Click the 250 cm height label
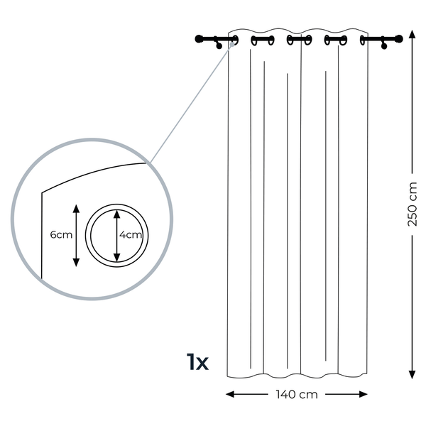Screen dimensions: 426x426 pos(412,204)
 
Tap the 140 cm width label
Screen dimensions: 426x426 pos(297,395)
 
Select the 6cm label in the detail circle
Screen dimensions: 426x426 pos(61,235)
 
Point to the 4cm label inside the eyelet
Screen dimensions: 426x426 pos(131,235)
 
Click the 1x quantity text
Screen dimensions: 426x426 pos(198,361)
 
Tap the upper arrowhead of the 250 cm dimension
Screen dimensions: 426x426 pos(412,35)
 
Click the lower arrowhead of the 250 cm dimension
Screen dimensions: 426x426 pos(412,374)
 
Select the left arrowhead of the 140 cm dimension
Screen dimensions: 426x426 pos(230,394)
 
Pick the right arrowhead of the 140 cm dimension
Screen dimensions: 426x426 pos(364,394)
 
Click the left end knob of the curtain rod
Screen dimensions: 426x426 pos(199,39)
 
